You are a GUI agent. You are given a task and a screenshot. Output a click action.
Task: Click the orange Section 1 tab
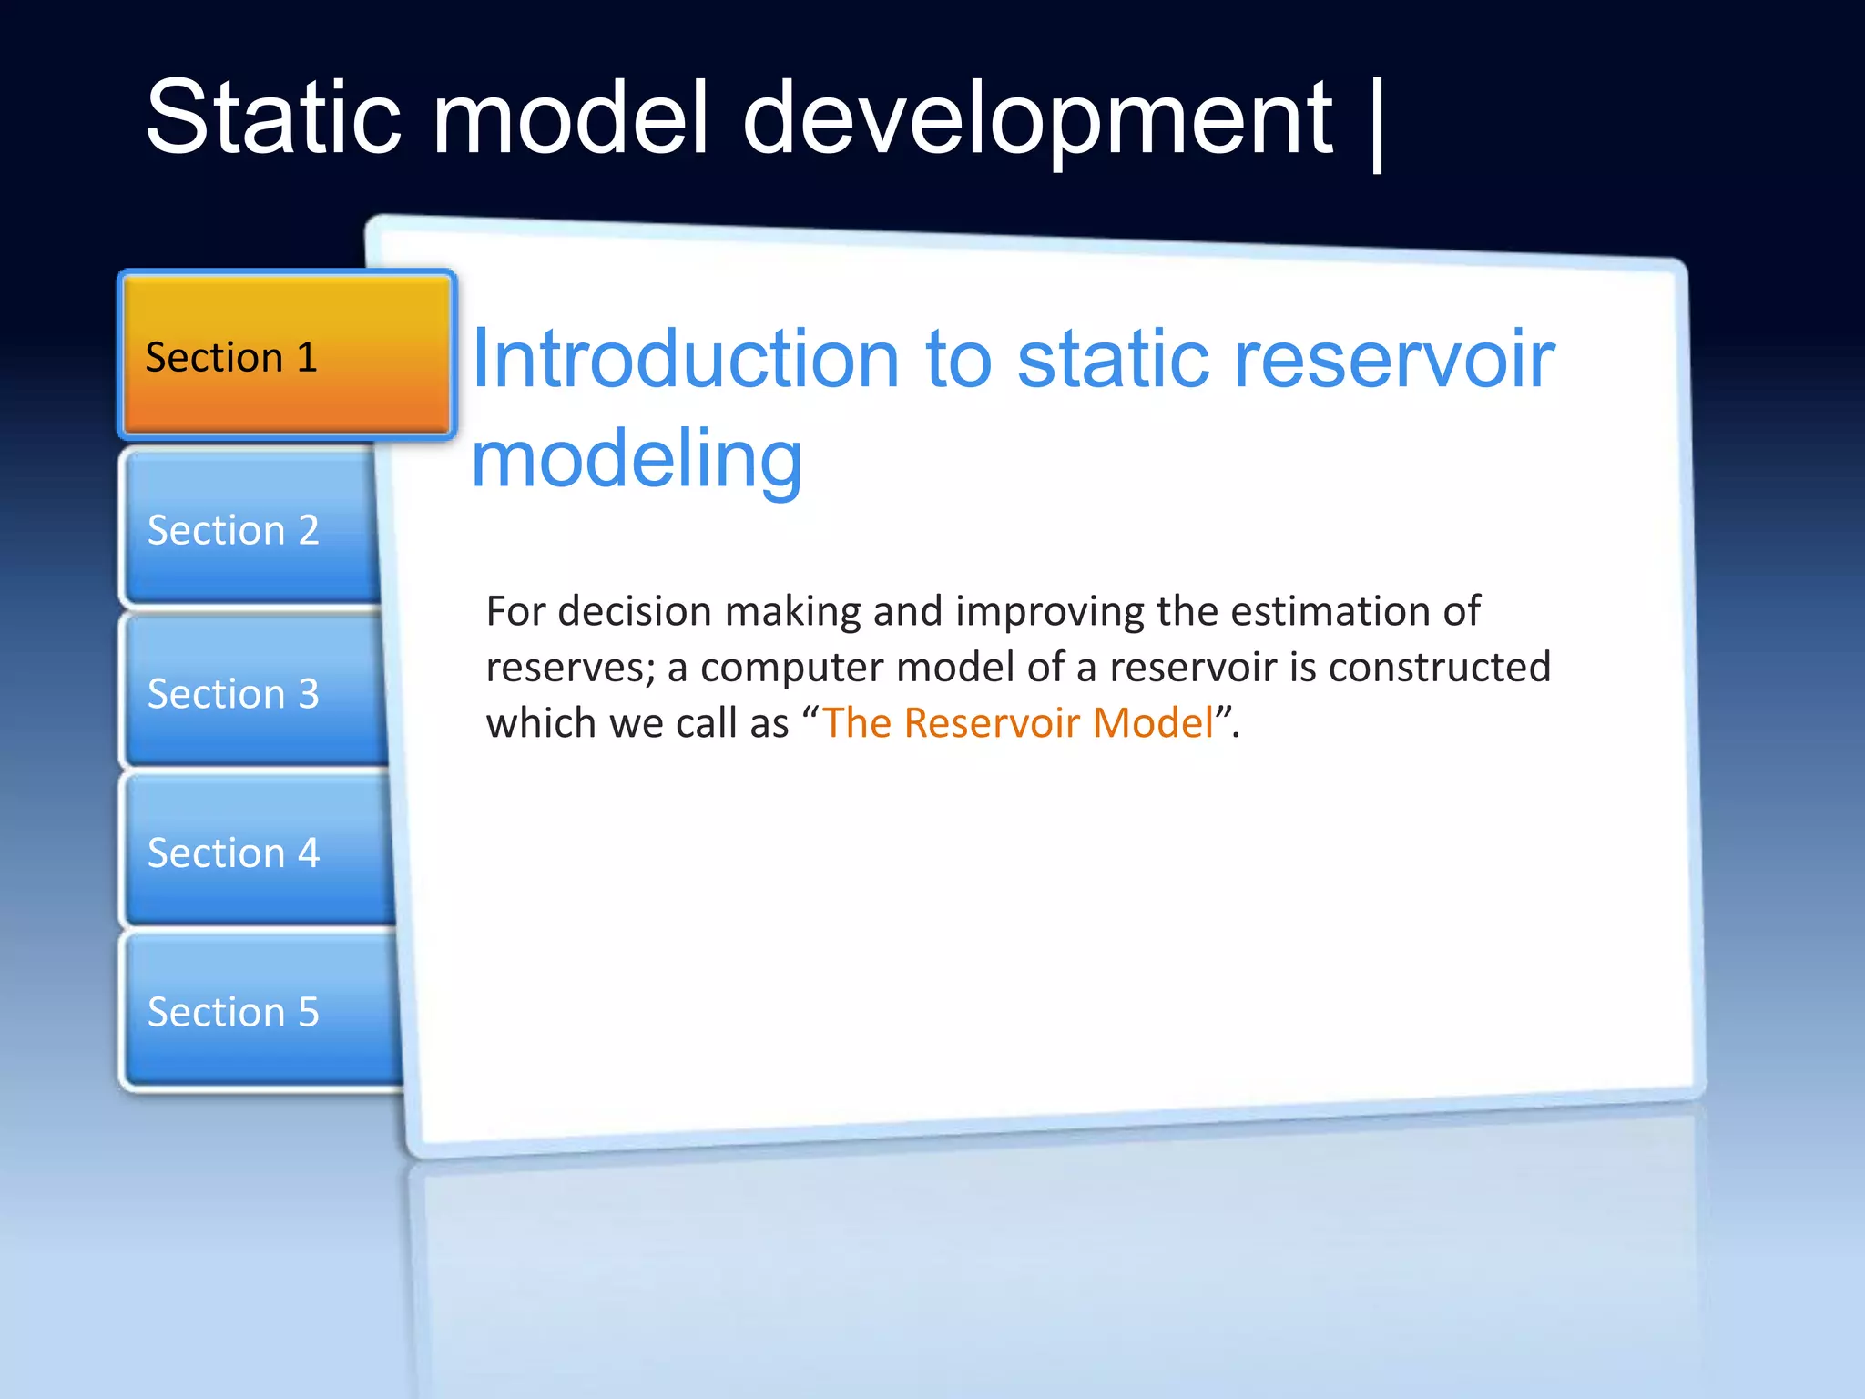[286, 356]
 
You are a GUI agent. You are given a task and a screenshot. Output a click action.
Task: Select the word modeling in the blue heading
[636, 460]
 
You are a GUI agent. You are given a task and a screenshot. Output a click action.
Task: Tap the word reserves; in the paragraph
[570, 668]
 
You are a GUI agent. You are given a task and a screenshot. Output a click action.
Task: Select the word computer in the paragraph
[791, 668]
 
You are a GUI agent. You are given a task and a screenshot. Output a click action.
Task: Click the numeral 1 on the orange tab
[307, 356]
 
